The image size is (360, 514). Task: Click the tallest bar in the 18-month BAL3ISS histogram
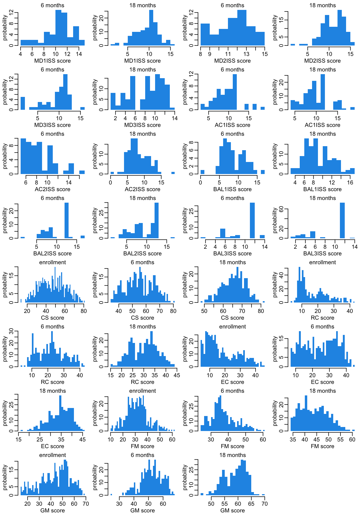(x=342, y=220)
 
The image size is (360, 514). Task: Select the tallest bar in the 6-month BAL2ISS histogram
(x=67, y=220)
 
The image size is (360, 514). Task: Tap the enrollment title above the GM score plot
(x=52, y=455)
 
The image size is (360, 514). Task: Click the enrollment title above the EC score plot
(x=232, y=327)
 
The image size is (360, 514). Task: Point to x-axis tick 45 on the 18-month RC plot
(x=177, y=375)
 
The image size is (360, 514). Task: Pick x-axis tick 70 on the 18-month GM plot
(x=265, y=504)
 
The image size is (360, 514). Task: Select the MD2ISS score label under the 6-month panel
(x=232, y=61)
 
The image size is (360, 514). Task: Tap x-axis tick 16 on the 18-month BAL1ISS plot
(x=350, y=183)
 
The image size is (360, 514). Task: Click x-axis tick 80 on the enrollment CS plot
(x=84, y=311)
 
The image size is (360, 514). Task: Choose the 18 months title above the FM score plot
(x=322, y=391)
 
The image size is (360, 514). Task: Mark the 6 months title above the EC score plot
(x=322, y=327)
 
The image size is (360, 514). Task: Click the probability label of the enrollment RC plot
(x=275, y=285)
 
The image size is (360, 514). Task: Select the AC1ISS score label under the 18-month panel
(x=322, y=125)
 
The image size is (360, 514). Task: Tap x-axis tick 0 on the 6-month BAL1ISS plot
(x=201, y=183)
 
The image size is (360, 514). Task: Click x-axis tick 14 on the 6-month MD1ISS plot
(x=79, y=54)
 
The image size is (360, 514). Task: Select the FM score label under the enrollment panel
(x=142, y=446)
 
